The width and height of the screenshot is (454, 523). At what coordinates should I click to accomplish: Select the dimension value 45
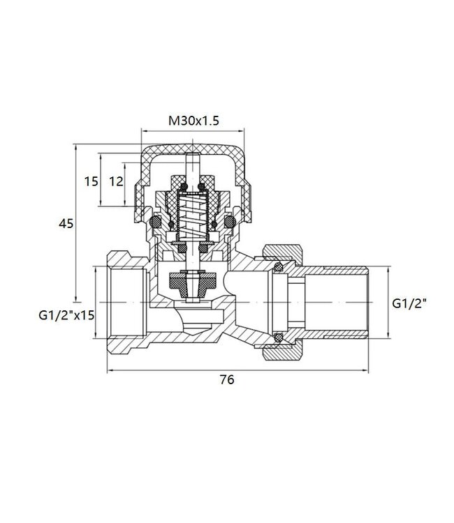[x=67, y=223]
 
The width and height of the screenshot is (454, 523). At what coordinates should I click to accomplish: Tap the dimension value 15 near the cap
[x=91, y=181]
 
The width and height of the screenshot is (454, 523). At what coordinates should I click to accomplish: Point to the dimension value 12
[x=116, y=181]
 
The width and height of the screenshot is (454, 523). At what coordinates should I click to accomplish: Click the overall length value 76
[x=226, y=380]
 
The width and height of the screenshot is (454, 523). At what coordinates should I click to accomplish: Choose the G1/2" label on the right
[x=409, y=303]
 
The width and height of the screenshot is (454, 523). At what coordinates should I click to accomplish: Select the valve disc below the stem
[x=192, y=282]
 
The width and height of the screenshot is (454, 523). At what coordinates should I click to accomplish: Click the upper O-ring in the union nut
[x=279, y=267]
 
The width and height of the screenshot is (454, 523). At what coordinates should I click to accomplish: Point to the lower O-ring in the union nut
[x=279, y=338]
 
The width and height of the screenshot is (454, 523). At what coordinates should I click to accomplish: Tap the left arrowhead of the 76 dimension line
[x=110, y=370]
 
